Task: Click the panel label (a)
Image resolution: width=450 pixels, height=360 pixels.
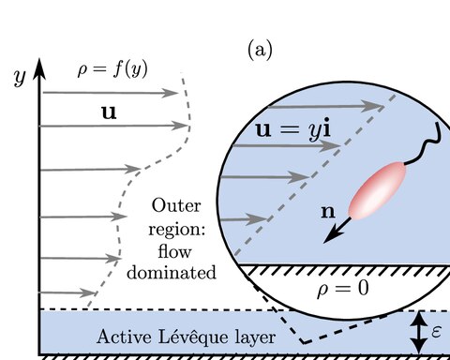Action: click(260, 50)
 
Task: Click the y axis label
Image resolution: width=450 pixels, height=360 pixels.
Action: click(20, 77)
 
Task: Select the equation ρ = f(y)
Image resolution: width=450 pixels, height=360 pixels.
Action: click(112, 69)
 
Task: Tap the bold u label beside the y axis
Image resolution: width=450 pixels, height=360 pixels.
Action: click(109, 112)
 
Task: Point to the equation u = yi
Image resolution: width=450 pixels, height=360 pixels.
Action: click(293, 130)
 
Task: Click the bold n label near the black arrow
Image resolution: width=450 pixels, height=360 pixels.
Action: click(328, 212)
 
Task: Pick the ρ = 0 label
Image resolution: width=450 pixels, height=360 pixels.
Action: click(343, 289)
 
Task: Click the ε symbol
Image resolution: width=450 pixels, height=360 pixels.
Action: click(436, 331)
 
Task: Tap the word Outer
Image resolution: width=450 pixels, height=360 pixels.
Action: click(176, 206)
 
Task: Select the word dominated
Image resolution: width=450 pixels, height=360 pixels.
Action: click(172, 272)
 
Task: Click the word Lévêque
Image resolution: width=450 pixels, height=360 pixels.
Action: click(193, 337)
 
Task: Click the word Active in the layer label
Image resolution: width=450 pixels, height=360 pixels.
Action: click(125, 337)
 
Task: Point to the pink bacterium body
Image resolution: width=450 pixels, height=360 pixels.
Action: click(378, 190)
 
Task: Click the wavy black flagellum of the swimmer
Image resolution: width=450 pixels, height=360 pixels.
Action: click(426, 144)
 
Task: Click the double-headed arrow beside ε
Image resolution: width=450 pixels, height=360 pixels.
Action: click(419, 333)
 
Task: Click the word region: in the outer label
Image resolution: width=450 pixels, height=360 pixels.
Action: click(176, 231)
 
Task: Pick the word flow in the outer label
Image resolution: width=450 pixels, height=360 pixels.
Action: click(174, 251)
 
